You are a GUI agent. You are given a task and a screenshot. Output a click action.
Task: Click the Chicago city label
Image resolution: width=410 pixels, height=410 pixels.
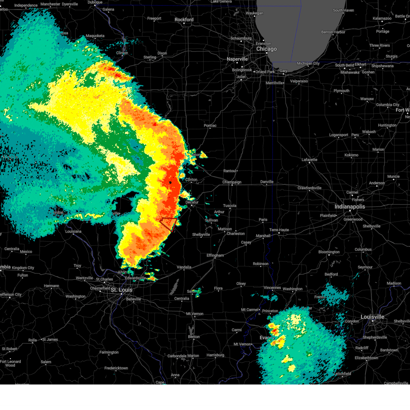266,49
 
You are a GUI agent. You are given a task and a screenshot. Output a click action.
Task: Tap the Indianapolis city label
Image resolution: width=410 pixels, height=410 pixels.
350,207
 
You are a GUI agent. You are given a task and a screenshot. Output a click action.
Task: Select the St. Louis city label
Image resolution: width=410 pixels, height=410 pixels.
121,290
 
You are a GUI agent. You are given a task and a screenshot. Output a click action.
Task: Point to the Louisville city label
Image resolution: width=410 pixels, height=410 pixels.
372,317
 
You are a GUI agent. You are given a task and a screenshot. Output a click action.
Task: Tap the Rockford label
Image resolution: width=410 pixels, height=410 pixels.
184,19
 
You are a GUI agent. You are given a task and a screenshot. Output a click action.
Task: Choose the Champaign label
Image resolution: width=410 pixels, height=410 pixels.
232,182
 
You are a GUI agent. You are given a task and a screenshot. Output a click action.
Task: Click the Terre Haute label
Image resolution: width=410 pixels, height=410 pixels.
279,230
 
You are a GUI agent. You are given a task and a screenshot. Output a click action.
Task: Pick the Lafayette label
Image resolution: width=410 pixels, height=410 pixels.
309,160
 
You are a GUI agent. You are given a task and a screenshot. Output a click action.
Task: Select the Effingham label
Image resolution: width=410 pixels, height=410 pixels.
215,255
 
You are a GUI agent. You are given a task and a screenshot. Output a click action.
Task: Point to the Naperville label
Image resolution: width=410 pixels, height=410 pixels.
237,59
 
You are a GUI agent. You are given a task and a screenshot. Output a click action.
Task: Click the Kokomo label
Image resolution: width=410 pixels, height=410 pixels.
351,155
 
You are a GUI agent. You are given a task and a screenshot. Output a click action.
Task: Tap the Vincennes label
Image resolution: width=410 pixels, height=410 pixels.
272,288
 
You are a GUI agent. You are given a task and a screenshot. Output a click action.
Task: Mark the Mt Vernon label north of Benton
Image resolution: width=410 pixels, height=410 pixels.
194,314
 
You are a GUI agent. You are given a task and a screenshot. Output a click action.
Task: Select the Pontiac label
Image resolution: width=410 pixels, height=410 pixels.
210,125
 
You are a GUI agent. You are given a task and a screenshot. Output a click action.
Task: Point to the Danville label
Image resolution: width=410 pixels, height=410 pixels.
267,182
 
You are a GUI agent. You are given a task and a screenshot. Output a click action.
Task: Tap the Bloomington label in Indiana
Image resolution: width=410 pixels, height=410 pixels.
329,252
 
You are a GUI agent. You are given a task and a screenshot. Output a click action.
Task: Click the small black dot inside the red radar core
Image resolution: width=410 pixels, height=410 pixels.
170,182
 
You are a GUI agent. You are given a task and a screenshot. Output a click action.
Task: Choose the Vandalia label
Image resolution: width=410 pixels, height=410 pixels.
184,267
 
